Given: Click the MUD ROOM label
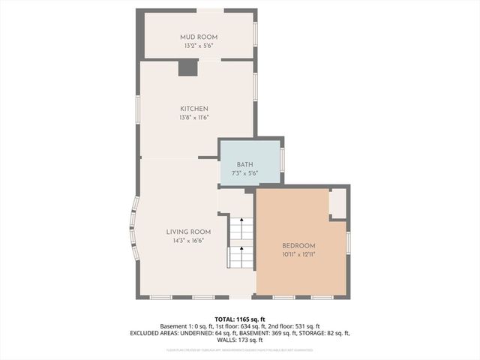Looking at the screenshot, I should pos(199,37).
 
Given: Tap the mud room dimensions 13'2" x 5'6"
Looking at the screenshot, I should pos(199,46).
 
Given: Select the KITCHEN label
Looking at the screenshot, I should pos(193,109).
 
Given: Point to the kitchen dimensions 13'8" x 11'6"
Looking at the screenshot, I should pos(193,118).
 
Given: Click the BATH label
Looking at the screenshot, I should pos(245,164).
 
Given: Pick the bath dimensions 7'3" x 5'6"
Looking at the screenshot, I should pos(245,173).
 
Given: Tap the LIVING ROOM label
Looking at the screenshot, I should pos(188,232).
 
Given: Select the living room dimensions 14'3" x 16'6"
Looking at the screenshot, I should pos(188,241).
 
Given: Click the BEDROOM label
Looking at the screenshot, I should pos(298,246).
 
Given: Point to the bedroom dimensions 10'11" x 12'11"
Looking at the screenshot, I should pos(298,255).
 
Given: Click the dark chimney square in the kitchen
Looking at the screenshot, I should pos(187,68).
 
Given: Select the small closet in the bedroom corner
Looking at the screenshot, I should pos(338,203).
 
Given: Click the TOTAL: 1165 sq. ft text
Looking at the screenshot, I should pos(240,319).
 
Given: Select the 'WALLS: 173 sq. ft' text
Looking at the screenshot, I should pos(240,340).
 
